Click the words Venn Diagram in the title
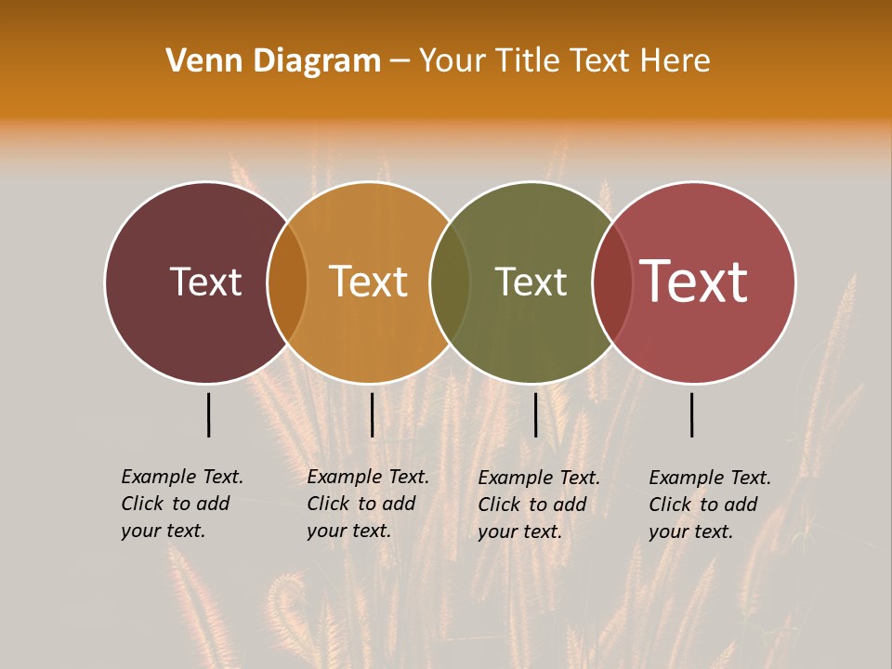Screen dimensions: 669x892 pos(273,61)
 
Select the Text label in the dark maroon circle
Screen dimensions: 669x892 pos(205,282)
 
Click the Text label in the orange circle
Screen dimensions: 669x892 pos(369,282)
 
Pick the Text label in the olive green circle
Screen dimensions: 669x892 pos(531,282)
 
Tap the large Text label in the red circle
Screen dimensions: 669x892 pos(694,282)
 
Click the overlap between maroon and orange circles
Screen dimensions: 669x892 pos(287,282)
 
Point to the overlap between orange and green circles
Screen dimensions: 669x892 pos(450,282)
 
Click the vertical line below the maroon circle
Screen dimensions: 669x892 pos(208,414)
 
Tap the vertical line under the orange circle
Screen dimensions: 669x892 pos(372,414)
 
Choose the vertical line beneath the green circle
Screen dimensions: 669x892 pos(535,414)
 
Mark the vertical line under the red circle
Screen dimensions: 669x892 pos(691,414)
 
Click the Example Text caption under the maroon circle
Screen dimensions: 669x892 pos(182,504)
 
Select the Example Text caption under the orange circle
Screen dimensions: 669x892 pos(368,504)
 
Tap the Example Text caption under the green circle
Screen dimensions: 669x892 pos(539,505)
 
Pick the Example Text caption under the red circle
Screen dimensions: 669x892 pos(710,505)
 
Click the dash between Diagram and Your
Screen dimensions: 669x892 pos(400,61)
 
